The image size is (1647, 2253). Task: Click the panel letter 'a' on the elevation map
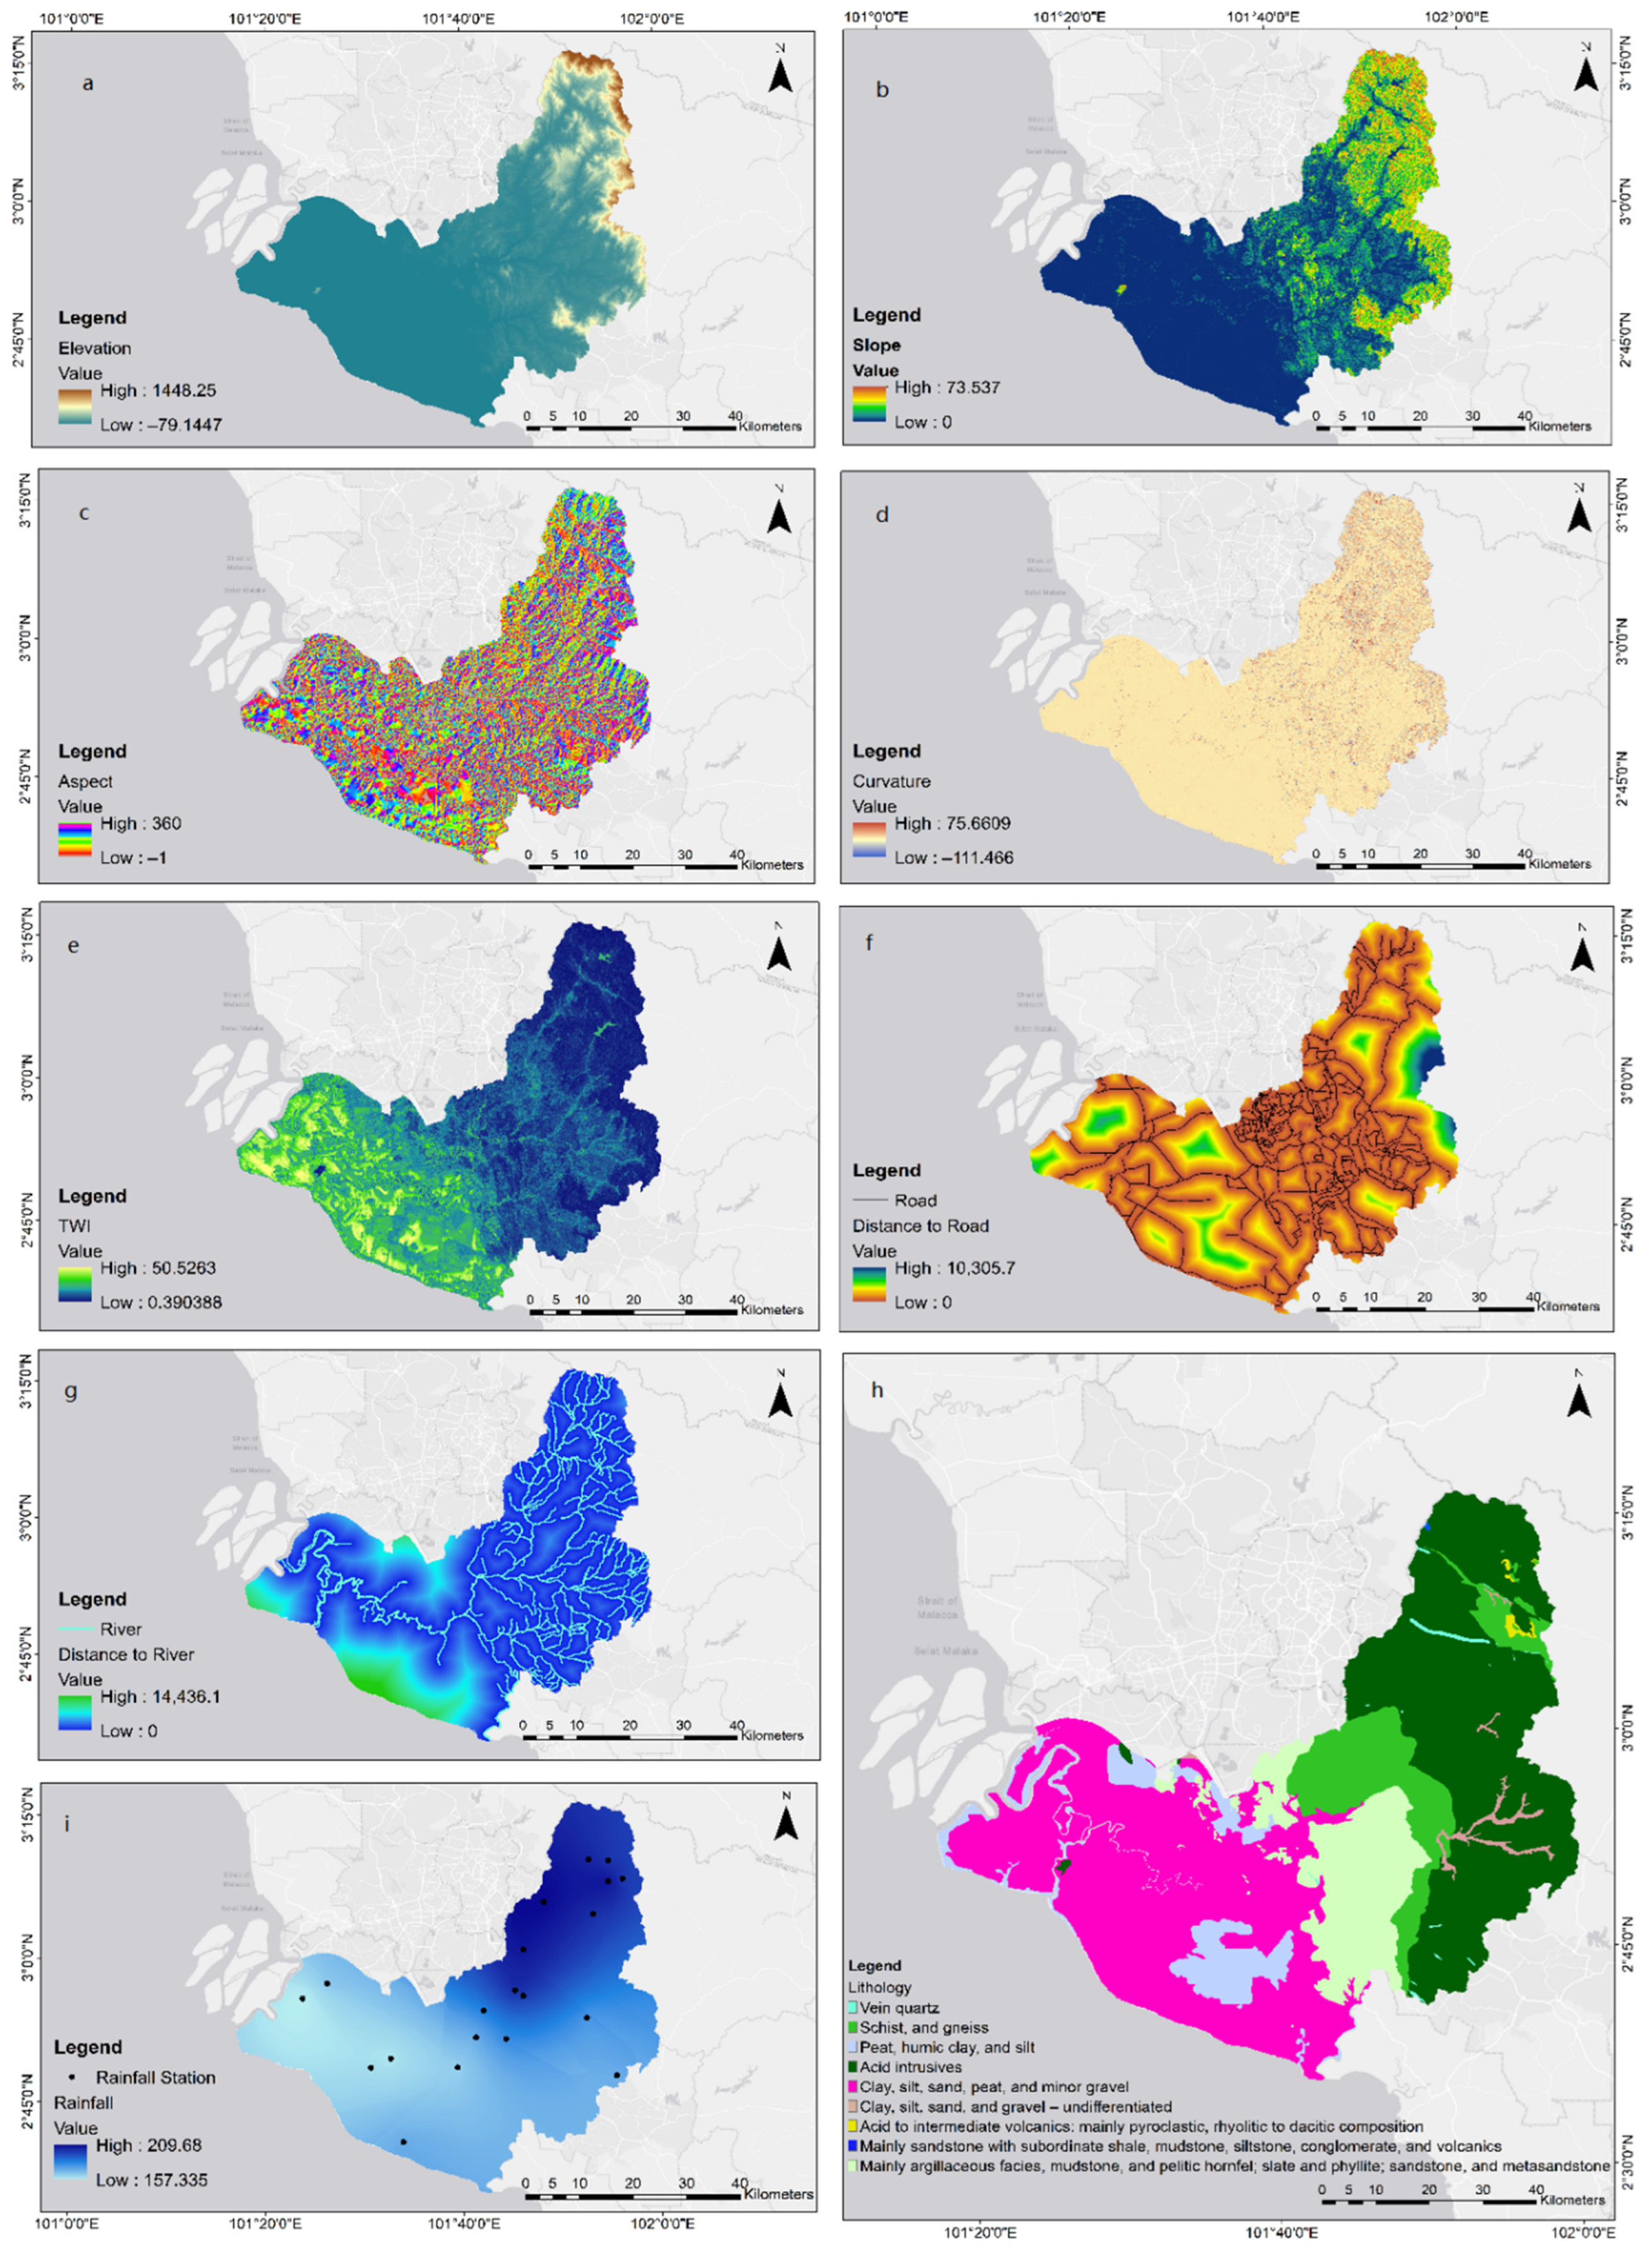pos(88,83)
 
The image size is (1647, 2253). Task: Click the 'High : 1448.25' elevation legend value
pos(157,391)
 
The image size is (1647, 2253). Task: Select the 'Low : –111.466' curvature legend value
pos(952,857)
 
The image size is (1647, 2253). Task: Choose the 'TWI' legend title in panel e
pos(74,1225)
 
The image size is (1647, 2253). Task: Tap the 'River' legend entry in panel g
pos(121,1629)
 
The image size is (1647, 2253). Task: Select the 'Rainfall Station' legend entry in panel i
pos(154,2078)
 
